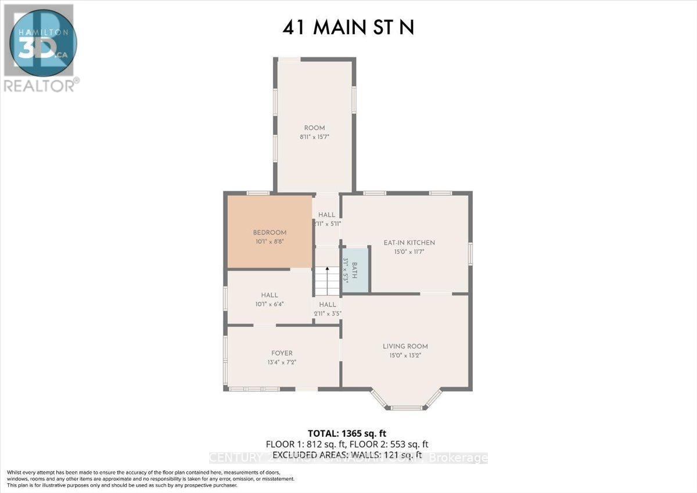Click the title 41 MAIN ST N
coord(348,27)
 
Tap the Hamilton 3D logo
coord(38,41)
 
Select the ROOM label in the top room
coord(314,128)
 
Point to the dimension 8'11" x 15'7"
coord(314,138)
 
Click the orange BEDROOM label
coord(270,232)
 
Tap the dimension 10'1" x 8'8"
coord(270,242)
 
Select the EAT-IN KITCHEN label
coord(409,243)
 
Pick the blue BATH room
coord(355,271)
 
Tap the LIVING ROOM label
coord(405,346)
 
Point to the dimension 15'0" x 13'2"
coord(405,356)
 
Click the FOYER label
coord(282,353)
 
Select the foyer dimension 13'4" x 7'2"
coord(282,362)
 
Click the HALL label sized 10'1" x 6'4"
coord(270,295)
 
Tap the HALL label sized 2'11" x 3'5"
coord(328,304)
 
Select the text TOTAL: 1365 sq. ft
coord(347,433)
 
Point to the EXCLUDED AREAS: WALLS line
coord(347,453)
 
